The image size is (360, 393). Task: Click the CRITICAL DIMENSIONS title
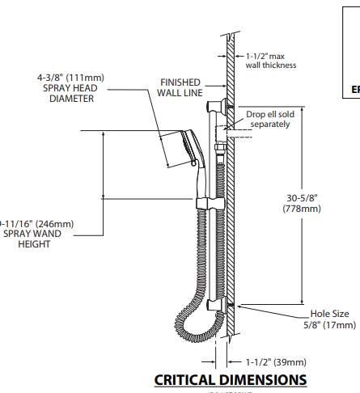[231, 379]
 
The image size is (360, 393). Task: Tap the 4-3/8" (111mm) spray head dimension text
[70, 78]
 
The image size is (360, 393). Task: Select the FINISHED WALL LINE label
[180, 88]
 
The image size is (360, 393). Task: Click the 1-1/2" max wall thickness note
[271, 60]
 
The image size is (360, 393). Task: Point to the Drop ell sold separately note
[272, 119]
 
